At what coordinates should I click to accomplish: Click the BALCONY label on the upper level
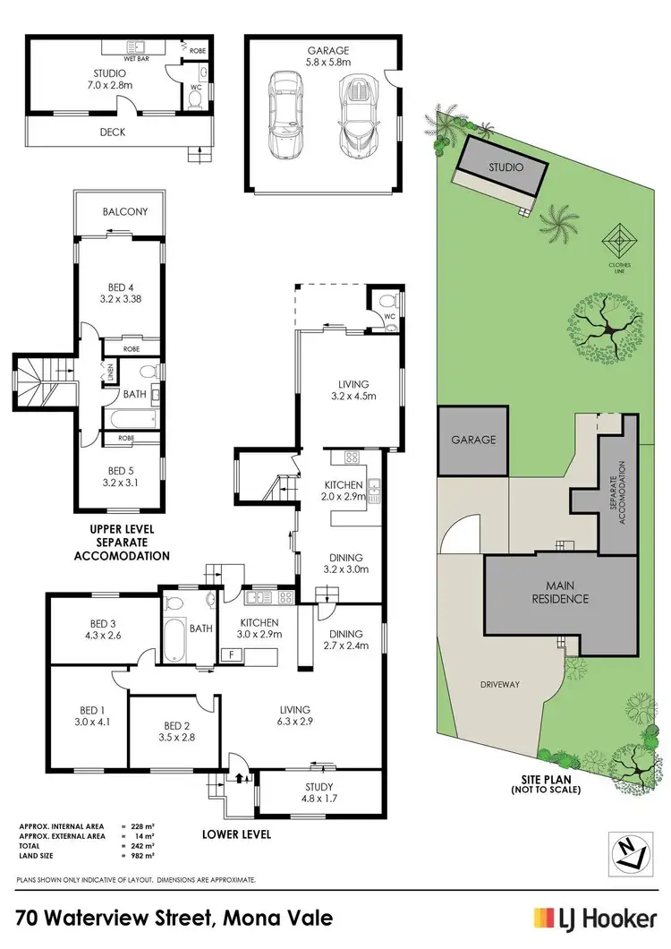pos(120,212)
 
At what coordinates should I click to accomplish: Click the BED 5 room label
pos(120,472)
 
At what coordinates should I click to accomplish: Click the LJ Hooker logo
pos(595,918)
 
